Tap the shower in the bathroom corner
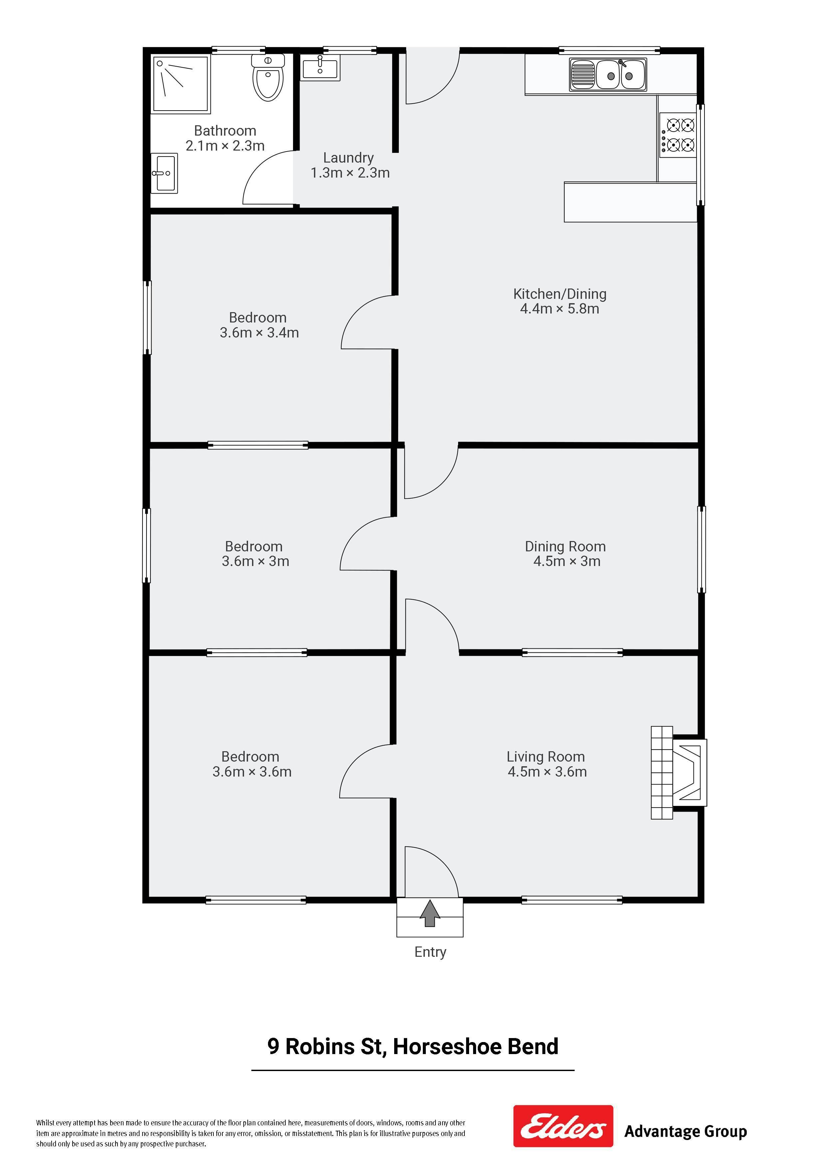[181, 84]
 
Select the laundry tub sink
[320, 68]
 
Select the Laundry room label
[349, 158]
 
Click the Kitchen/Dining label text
[560, 294]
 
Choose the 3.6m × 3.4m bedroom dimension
[259, 332]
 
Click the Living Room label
[546, 757]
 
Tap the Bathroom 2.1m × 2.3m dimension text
[225, 146]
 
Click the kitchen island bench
[630, 202]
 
